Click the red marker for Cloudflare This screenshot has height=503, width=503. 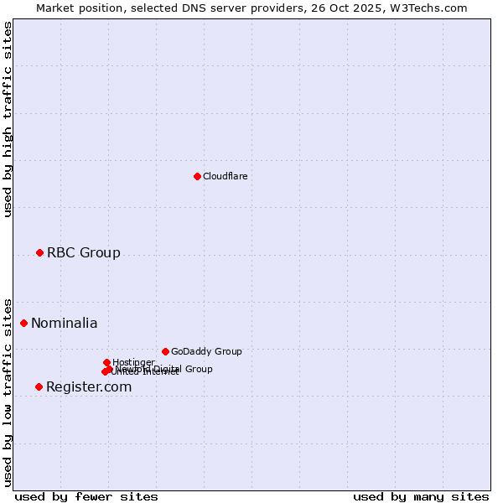tap(197, 176)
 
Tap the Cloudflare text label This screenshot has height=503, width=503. tap(225, 176)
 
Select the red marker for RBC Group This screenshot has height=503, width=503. tap(39, 252)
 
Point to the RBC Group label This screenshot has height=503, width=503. tap(83, 252)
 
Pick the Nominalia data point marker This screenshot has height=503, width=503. tap(23, 323)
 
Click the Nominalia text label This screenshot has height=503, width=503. tap(64, 324)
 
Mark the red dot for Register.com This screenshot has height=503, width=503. tap(39, 386)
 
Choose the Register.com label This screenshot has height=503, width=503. tap(89, 386)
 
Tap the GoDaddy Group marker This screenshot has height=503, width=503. tap(165, 351)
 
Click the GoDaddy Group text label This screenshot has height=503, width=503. tap(206, 351)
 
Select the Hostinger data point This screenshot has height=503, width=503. tap(106, 362)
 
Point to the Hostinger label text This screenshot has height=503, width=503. tap(133, 362)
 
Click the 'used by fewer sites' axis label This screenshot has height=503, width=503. tap(86, 496)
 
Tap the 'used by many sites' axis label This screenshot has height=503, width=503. tap(421, 496)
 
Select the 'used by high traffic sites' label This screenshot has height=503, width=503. tap(8, 120)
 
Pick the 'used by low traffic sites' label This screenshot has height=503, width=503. tap(8, 392)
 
